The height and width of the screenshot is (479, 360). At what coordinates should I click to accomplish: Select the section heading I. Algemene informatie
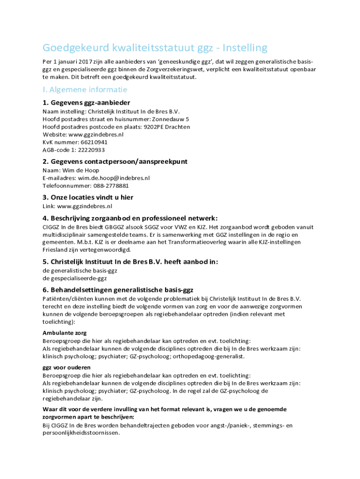[85, 89]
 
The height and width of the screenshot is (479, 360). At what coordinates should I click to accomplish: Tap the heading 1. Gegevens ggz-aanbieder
[86, 102]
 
